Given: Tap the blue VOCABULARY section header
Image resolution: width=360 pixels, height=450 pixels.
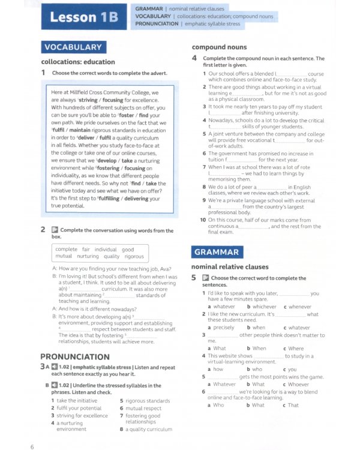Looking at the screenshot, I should (73, 47).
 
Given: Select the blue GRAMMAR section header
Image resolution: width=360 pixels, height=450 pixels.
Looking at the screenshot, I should (216, 252).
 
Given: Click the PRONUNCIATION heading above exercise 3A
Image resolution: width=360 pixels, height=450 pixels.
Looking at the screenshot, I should (74, 356).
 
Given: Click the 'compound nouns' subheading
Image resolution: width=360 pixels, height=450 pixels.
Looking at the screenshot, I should (218, 47).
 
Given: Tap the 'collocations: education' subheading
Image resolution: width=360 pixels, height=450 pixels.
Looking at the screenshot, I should (78, 62).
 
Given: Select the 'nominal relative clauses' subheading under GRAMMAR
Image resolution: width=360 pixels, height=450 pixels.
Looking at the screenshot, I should (230, 266).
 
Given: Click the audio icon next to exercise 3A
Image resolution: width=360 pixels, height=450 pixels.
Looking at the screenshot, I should (55, 366).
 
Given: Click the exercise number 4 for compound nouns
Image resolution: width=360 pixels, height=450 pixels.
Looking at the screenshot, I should (194, 58).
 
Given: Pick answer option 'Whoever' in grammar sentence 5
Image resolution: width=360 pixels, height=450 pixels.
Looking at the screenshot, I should (298, 384).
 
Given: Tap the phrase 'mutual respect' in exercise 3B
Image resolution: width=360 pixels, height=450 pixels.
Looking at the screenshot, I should (143, 408).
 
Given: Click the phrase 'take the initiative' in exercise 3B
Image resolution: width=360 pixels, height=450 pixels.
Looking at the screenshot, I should (77, 400).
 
